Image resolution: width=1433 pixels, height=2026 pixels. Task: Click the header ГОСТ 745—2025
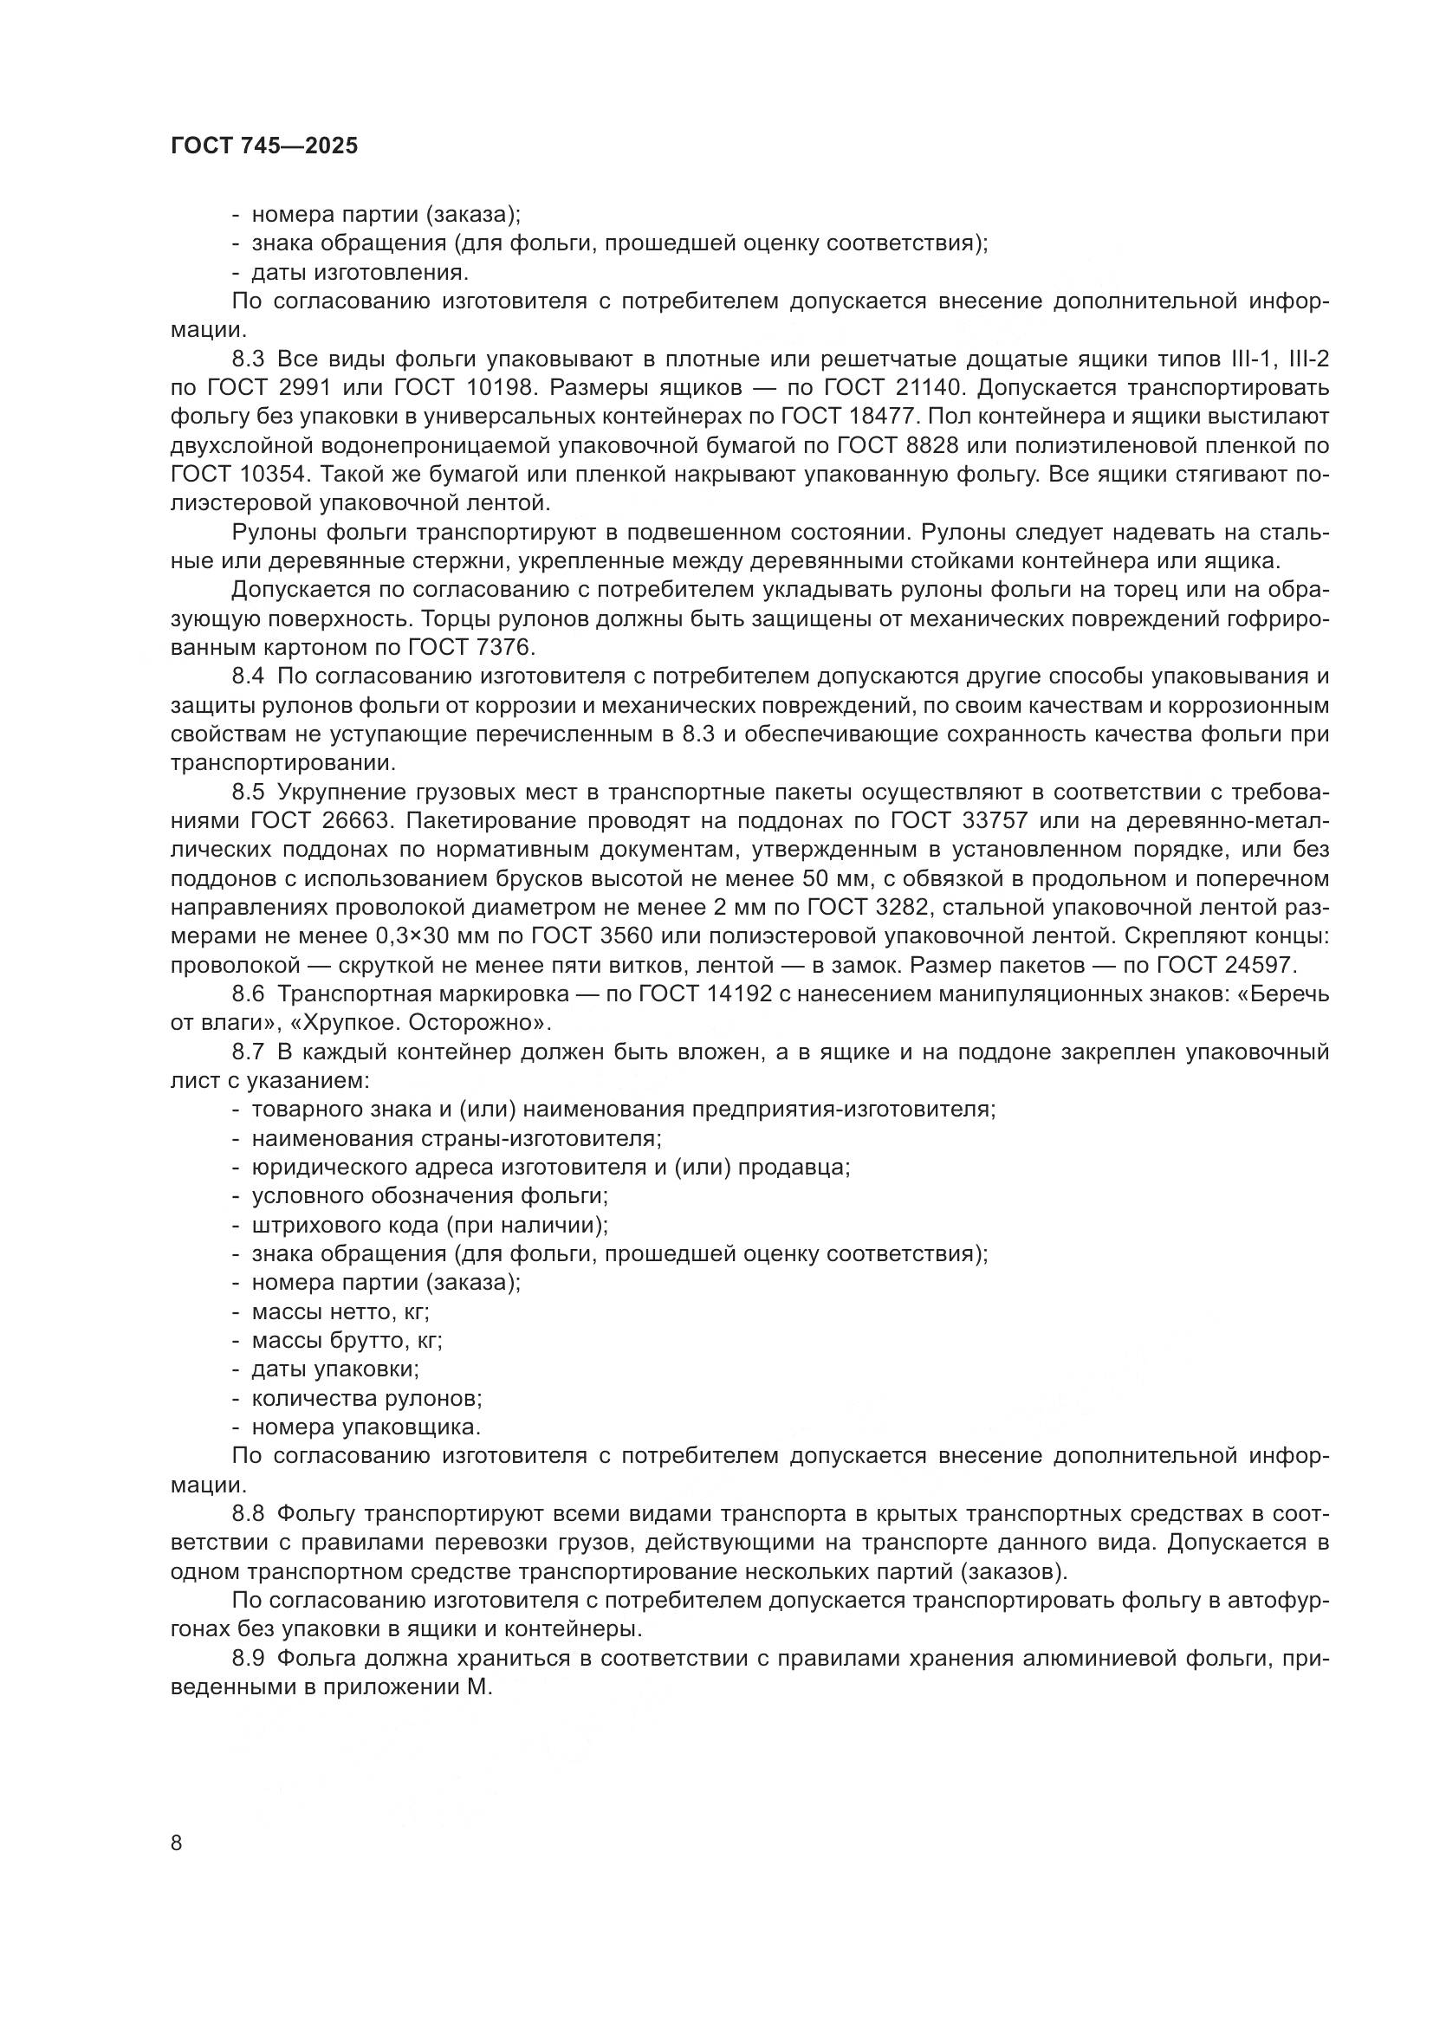click(264, 146)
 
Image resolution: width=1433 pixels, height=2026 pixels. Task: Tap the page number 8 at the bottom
click(177, 1842)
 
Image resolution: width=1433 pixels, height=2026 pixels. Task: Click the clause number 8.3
click(249, 359)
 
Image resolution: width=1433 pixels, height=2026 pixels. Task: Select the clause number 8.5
click(249, 792)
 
